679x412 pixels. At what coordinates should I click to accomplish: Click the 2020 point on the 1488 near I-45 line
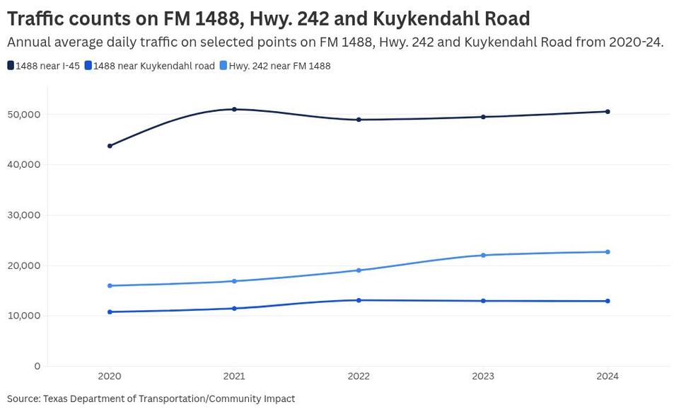point(110,146)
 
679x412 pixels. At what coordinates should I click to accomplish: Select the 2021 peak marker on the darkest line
point(234,109)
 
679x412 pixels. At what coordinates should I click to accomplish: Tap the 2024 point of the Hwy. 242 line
point(608,252)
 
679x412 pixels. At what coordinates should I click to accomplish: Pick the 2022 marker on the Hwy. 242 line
point(359,270)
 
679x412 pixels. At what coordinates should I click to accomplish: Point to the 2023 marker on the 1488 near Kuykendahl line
point(483,301)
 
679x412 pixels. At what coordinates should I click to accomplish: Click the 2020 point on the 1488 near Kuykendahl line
point(110,311)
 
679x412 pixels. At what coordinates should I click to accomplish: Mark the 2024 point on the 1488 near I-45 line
point(608,111)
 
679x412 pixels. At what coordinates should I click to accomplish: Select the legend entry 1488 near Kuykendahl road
point(149,66)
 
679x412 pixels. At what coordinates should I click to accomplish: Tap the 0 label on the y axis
point(37,366)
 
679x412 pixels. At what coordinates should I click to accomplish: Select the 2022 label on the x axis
point(359,377)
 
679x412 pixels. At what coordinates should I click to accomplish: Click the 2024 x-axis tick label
point(608,377)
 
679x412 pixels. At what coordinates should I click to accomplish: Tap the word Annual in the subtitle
point(30,42)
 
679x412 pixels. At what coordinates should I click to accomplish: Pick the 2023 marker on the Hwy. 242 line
point(483,255)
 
